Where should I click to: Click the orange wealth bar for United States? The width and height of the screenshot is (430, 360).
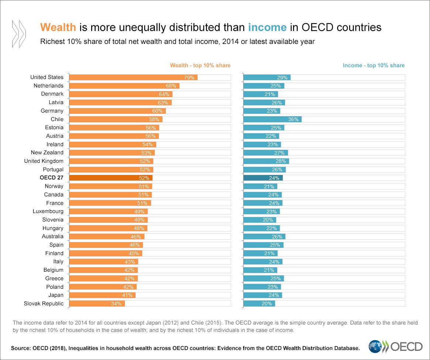point(133,77)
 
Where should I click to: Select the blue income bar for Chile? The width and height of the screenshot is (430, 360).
point(272,119)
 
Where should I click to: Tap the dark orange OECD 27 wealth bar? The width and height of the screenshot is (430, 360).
point(111,178)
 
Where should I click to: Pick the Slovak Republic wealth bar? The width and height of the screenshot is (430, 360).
point(97,304)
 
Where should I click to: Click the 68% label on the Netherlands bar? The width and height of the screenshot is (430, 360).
point(171,86)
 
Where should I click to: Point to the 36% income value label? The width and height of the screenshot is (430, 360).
point(293,119)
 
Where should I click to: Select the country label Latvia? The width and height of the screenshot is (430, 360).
point(56,102)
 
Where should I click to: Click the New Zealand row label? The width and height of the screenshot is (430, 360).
point(47,152)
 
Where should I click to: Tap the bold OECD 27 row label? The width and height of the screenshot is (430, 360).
point(52,178)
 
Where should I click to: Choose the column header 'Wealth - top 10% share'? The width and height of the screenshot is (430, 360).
point(200,65)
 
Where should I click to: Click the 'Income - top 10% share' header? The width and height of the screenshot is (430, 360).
point(374,65)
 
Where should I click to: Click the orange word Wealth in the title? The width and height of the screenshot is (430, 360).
point(58,28)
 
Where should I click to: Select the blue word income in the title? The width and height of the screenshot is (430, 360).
point(267,28)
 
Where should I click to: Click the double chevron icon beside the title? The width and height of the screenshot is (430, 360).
point(19,34)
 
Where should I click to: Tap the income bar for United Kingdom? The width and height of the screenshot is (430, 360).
point(266,161)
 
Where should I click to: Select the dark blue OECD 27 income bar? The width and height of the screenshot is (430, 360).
point(263,178)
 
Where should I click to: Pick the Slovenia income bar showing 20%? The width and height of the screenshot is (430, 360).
point(259,220)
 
